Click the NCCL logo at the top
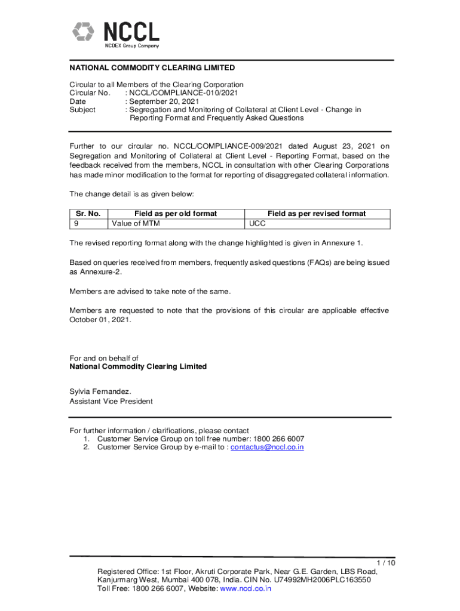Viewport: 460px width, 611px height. coord(116,34)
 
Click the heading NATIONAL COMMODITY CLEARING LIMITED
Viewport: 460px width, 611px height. coord(152,68)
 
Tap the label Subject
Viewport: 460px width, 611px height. coord(82,110)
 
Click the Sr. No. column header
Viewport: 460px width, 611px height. coord(88,214)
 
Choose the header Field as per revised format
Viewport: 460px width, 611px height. coord(317,214)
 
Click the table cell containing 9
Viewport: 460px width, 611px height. coord(76,223)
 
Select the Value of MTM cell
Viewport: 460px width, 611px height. coord(136,223)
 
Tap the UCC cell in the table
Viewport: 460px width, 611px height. coord(258,223)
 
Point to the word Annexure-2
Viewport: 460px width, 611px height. coord(90,271)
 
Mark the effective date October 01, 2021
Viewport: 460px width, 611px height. coord(99,320)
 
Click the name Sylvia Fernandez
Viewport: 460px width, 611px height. coord(100,391)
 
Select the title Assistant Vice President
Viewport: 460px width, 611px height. coord(111,402)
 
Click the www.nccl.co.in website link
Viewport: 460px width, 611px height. coord(246,588)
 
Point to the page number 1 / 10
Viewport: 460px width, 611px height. coord(386,563)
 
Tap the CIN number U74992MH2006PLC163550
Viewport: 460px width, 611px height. coord(321,579)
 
